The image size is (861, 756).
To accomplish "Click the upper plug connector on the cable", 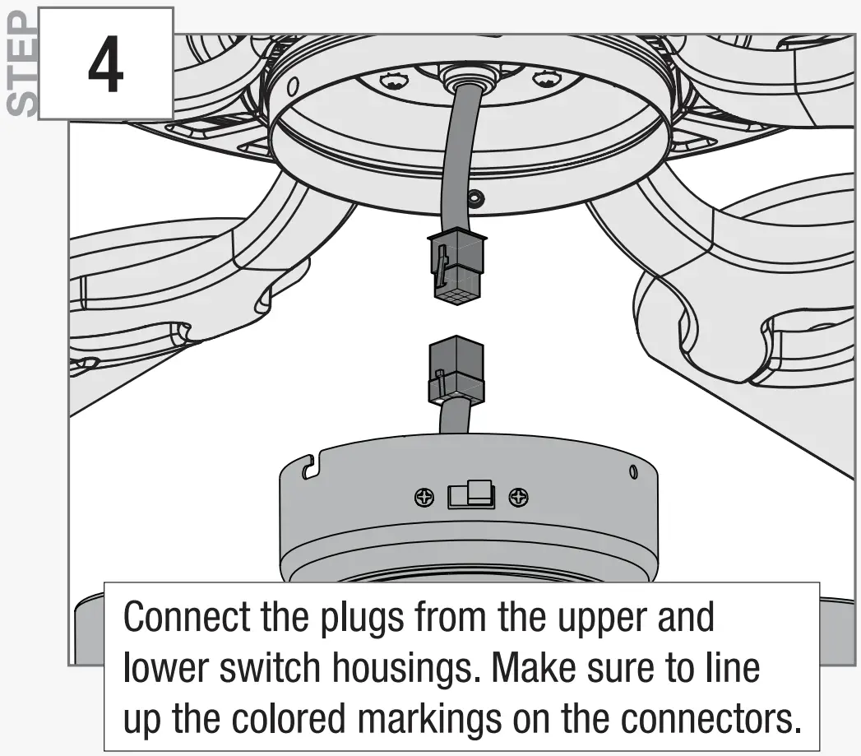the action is coord(458,267).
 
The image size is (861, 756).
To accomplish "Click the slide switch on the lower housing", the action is coord(470,495).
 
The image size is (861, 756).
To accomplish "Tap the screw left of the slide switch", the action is coord(424,497).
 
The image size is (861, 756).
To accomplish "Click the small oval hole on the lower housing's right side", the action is coord(633,472).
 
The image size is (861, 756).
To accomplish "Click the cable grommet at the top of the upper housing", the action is coord(462,77).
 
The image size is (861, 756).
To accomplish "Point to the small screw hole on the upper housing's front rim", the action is coord(476,197).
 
